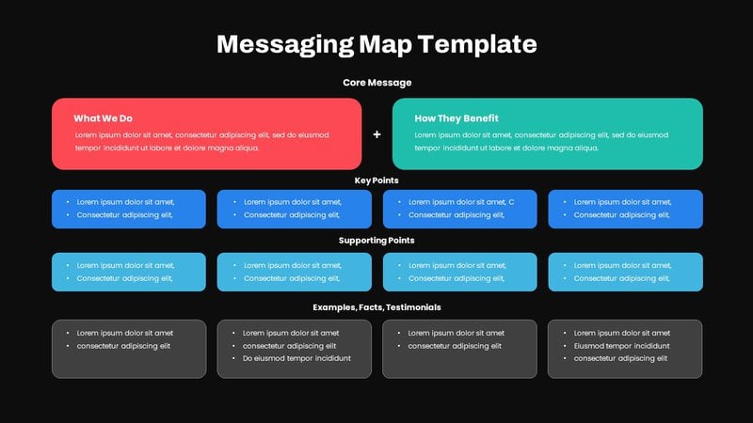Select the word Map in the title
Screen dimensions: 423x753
[x=386, y=44]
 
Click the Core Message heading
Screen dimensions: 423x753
[x=376, y=83]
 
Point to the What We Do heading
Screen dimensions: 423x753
[x=104, y=118]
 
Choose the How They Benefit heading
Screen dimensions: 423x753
[x=457, y=118]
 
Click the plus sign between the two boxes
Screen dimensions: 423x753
[x=376, y=134]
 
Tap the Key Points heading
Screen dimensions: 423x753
[x=376, y=180]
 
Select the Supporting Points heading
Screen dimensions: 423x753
[x=376, y=241]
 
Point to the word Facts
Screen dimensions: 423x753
[x=364, y=307]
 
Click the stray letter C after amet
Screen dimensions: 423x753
[x=511, y=201]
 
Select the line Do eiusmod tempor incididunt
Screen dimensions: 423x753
[x=296, y=358]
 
